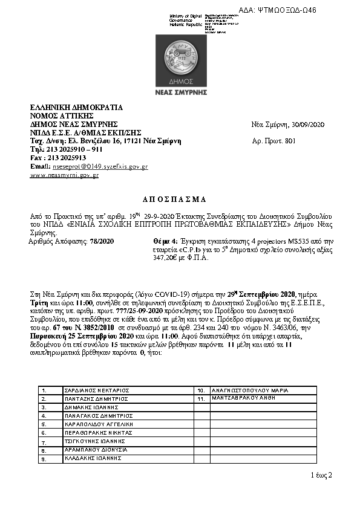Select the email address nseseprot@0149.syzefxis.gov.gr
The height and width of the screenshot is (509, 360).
coord(100,166)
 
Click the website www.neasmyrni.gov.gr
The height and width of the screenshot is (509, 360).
coord(64,175)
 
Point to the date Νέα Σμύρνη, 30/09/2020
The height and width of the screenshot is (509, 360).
coord(288,125)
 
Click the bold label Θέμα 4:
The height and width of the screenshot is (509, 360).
coord(166,241)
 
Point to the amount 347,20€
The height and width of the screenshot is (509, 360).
coord(169,257)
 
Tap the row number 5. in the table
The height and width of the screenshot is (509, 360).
coord(44,424)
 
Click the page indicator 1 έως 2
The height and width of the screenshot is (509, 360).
coord(321,475)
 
